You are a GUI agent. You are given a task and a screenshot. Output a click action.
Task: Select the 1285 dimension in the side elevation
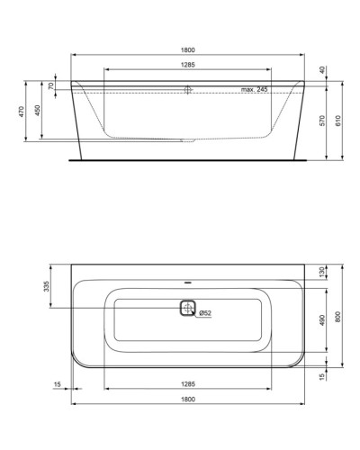point(186,65)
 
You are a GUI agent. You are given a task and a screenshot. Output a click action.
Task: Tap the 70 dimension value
point(51,86)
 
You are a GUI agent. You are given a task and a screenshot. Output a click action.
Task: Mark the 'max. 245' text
point(256,90)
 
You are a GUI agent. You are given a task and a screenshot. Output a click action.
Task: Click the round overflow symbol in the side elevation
point(187,90)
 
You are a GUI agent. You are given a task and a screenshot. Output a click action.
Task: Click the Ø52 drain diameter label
point(204,313)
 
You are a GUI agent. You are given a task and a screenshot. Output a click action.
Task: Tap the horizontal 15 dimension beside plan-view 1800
point(57,384)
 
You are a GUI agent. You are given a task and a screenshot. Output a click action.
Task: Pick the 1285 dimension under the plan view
point(186,384)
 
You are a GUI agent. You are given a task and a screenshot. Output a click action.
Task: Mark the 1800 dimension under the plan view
point(186,399)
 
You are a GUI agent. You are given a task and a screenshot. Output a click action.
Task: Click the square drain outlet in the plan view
point(186,309)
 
